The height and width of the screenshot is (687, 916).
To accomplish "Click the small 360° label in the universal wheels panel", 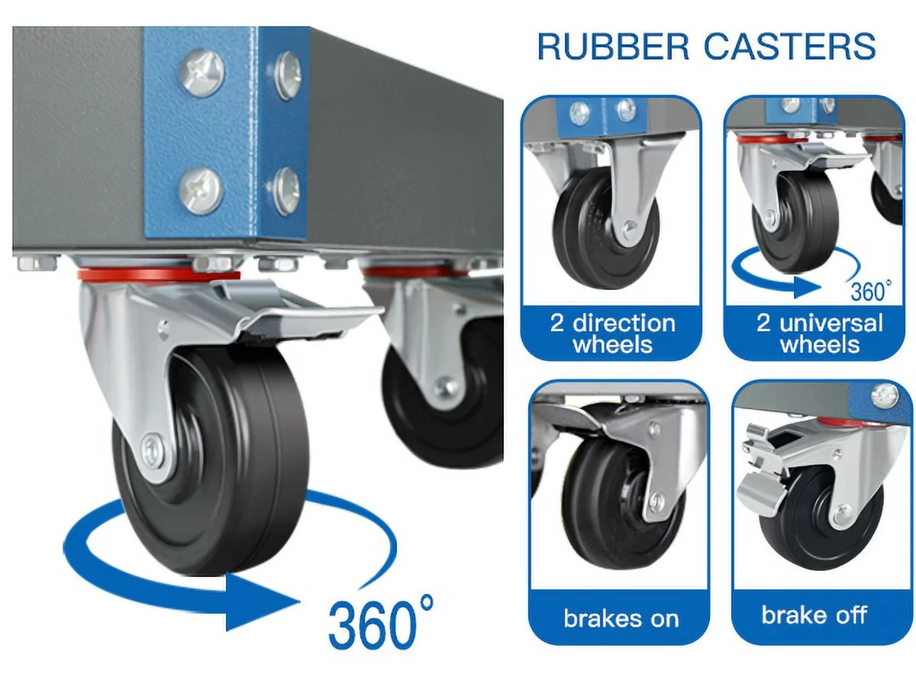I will click(869, 291).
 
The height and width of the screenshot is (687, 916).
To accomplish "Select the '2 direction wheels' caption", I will click(612, 333).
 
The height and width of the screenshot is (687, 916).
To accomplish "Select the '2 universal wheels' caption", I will click(819, 333).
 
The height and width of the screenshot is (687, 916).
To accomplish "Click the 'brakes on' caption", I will click(621, 618).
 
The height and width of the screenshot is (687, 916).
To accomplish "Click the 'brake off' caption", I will click(814, 614).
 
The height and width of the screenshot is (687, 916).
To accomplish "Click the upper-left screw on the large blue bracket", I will click(202, 73).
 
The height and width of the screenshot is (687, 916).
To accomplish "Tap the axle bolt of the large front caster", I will click(152, 450).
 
